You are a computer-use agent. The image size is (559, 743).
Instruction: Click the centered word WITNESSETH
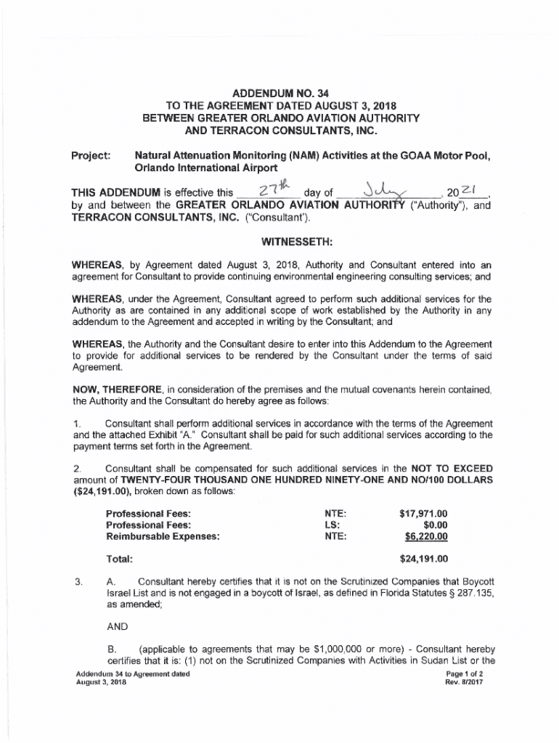pyautogui.click(x=279, y=240)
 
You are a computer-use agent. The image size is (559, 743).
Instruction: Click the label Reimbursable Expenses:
pyautogui.click(x=163, y=537)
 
